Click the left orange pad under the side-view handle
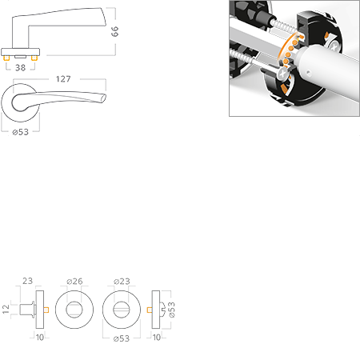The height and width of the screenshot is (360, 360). click(10, 58)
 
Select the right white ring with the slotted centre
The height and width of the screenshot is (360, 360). click(121, 309)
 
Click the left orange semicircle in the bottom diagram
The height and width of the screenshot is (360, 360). click(48, 309)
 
